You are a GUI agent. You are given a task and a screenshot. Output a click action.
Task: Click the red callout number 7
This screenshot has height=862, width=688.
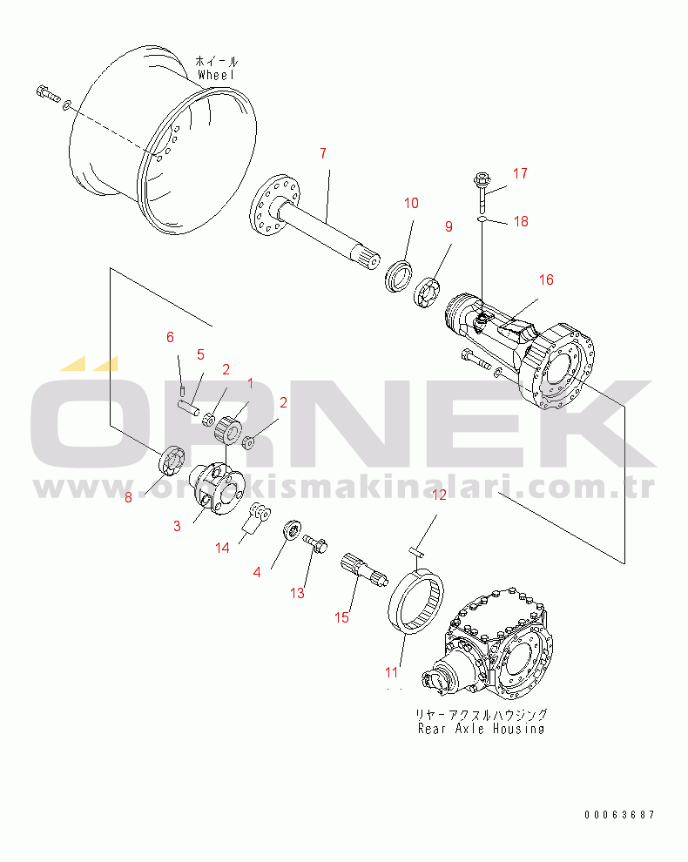tap(323, 153)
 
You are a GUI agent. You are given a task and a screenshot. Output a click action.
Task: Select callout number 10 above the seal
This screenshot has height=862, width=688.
tap(411, 204)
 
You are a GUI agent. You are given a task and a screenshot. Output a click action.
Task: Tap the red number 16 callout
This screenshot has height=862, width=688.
tap(546, 279)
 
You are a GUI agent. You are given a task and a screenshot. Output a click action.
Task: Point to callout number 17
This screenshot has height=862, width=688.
tap(520, 174)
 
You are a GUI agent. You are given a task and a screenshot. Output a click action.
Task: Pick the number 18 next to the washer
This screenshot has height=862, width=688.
tap(521, 221)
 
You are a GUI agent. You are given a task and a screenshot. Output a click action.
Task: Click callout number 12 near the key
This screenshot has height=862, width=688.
tap(440, 495)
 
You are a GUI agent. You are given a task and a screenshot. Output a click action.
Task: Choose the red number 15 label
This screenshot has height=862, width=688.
tap(341, 618)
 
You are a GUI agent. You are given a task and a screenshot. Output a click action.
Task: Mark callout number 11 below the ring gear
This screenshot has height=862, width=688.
tap(391, 672)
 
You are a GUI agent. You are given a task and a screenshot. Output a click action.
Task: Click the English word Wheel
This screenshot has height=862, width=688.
tap(216, 75)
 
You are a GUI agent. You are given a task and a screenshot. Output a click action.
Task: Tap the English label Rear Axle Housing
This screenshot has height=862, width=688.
tap(482, 729)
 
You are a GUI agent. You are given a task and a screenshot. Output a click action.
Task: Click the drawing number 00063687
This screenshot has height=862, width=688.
tap(619, 815)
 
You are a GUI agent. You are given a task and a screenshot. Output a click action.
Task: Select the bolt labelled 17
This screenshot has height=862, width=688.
tap(482, 192)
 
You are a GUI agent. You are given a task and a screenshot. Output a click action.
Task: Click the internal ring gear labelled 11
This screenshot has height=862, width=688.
tap(415, 603)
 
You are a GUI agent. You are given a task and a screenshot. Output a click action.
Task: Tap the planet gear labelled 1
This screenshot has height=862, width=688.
tap(227, 428)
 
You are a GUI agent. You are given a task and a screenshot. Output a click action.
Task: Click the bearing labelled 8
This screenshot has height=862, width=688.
tap(172, 460)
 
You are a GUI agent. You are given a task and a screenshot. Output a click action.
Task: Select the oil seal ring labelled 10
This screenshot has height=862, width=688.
tap(398, 277)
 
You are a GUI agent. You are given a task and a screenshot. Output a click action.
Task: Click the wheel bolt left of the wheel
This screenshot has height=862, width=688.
tap(47, 94)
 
